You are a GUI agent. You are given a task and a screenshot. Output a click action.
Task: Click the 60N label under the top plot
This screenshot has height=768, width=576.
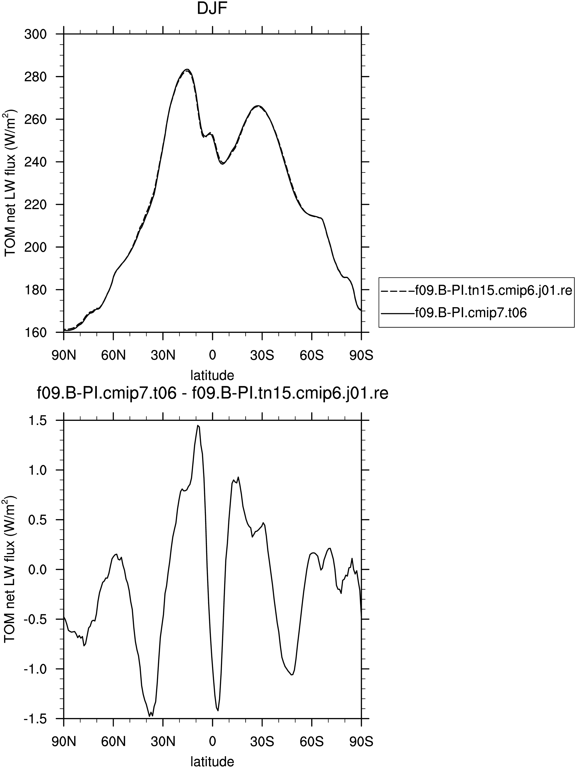click(113, 356)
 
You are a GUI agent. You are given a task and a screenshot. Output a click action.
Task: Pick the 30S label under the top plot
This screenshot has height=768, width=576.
click(262, 356)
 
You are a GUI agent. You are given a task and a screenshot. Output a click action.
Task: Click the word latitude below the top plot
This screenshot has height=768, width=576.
click(212, 375)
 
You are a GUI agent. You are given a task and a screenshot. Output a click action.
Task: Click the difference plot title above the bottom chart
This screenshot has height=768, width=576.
click(212, 393)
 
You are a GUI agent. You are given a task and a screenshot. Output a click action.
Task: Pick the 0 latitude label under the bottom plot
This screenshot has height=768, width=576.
click(212, 742)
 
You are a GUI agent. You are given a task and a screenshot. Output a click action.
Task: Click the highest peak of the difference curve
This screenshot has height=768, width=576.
click(198, 425)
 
